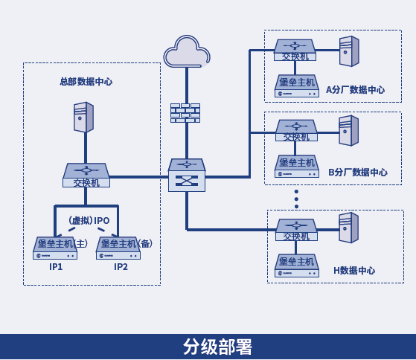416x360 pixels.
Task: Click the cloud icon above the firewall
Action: pyautogui.click(x=187, y=51)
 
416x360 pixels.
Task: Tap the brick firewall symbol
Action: pyautogui.click(x=185, y=113)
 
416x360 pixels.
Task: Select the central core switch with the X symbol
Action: pyautogui.click(x=187, y=175)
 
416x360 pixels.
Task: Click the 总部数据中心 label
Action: pyautogui.click(x=86, y=82)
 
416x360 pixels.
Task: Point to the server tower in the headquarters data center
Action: pyautogui.click(x=83, y=117)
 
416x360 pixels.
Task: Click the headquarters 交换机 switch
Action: pyautogui.click(x=86, y=176)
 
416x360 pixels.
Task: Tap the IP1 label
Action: pyautogui.click(x=56, y=267)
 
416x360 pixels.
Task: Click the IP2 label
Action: pyautogui.click(x=121, y=267)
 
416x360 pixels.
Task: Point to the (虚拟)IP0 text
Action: pyautogui.click(x=89, y=220)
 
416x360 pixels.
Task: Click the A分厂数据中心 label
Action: pyautogui.click(x=355, y=90)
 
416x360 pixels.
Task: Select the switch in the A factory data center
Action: pyautogui.click(x=295, y=50)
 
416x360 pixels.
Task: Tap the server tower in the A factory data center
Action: pyautogui.click(x=349, y=51)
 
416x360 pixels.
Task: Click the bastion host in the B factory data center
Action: pyautogui.click(x=297, y=166)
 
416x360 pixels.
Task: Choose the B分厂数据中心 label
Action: pyautogui.click(x=358, y=173)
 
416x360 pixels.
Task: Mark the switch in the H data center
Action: pyautogui.click(x=296, y=230)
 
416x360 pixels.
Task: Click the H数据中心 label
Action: pyautogui.click(x=354, y=271)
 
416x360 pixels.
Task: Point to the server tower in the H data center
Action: pyautogui.click(x=348, y=228)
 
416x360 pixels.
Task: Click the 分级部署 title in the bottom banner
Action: pyautogui.click(x=217, y=347)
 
